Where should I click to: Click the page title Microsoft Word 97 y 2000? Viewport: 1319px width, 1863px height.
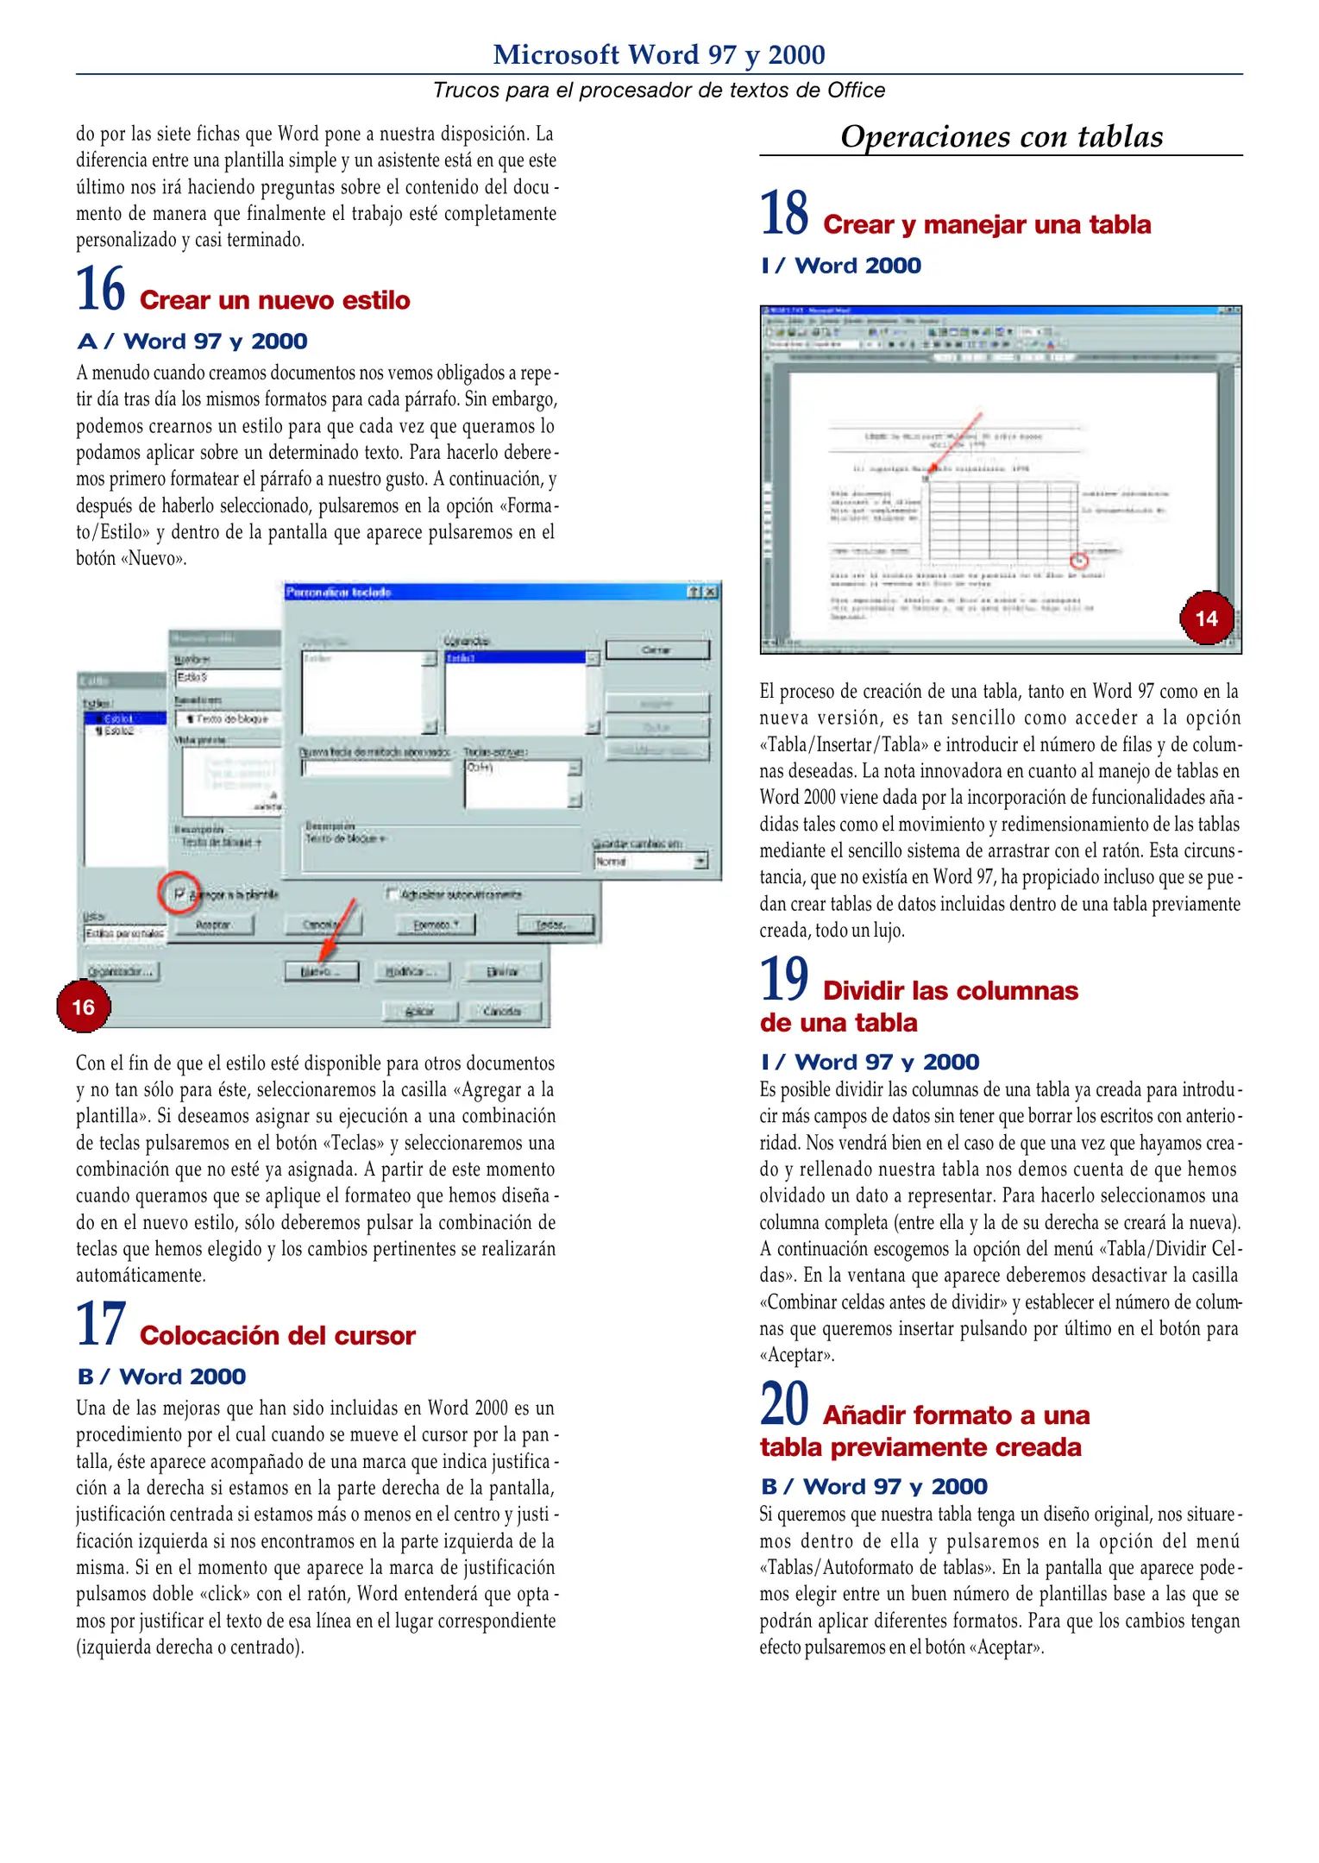point(658,54)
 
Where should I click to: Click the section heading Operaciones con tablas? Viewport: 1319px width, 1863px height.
point(1001,136)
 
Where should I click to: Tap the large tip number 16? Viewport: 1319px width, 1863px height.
point(100,290)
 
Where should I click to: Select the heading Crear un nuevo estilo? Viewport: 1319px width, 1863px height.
point(274,300)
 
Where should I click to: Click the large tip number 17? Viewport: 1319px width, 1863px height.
point(100,1325)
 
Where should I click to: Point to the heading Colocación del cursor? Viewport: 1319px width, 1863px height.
point(277,1335)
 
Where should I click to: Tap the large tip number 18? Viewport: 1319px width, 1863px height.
point(783,214)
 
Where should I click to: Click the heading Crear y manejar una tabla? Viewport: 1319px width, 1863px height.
point(986,224)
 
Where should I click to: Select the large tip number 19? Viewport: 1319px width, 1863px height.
point(783,980)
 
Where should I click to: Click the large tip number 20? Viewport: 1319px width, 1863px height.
point(783,1404)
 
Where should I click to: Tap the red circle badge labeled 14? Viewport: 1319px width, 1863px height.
point(1206,618)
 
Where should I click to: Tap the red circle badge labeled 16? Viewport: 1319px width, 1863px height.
point(83,1007)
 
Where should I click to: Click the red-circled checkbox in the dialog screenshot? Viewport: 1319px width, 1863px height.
point(179,894)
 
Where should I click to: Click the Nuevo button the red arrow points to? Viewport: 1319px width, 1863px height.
point(320,971)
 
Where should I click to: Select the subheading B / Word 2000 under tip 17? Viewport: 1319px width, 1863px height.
point(161,1377)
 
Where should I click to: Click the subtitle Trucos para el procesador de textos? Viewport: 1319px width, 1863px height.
point(658,91)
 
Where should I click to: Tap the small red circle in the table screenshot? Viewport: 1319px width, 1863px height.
point(1078,561)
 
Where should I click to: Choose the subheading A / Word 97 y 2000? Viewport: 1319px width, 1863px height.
point(192,342)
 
